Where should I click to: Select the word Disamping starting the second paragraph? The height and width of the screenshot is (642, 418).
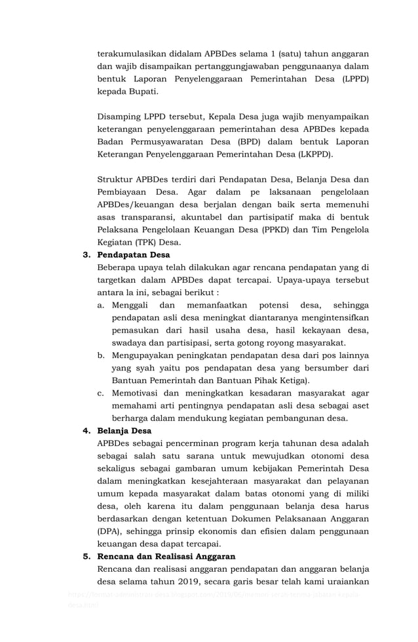[122, 117]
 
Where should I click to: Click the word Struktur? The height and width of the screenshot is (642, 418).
[114, 179]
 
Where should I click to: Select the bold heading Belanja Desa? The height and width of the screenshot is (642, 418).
[124, 431]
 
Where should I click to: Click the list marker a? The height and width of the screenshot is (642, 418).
[101, 305]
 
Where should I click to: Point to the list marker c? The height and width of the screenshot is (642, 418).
[101, 393]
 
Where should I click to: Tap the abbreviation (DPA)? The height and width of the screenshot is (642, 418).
[109, 531]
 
